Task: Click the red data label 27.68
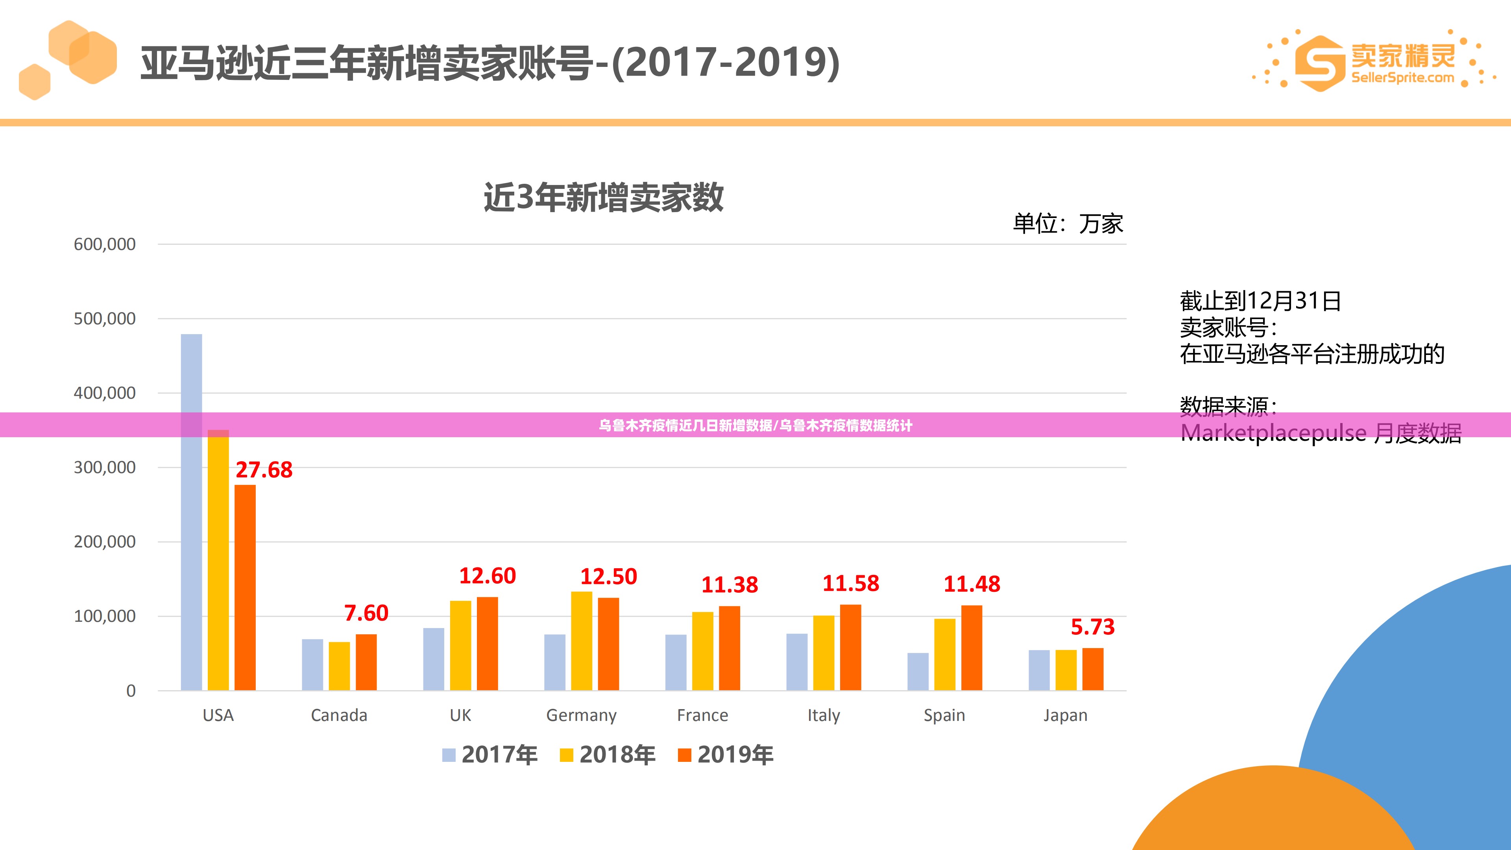pos(264,470)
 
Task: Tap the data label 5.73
pos(1092,627)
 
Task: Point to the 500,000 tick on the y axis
pos(104,318)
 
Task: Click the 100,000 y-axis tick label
pos(104,616)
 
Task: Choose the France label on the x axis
pos(702,715)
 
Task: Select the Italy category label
pos(824,715)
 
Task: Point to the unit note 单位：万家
pos(1068,224)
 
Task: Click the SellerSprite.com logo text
pos(1402,78)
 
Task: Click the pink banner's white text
pos(755,425)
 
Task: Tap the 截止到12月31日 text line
pos(1260,301)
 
